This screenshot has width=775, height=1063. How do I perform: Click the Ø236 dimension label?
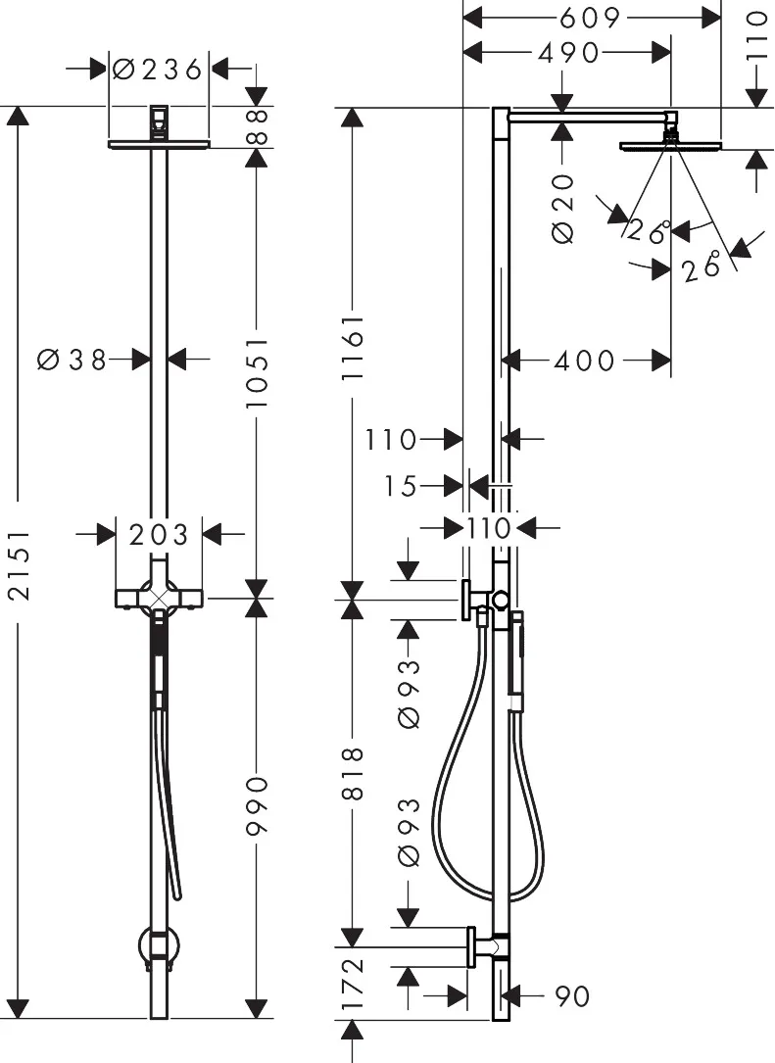[x=158, y=70]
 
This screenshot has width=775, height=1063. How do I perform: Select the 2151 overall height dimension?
[x=21, y=564]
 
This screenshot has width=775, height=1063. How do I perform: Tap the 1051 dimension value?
[x=258, y=373]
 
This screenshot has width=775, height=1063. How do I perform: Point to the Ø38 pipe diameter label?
[x=72, y=360]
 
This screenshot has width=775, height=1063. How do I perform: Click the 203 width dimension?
[x=160, y=535]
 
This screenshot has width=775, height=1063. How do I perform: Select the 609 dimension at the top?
[x=590, y=18]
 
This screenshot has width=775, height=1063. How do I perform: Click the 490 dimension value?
[x=568, y=52]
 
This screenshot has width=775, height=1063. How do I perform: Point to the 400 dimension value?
[x=585, y=361]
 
